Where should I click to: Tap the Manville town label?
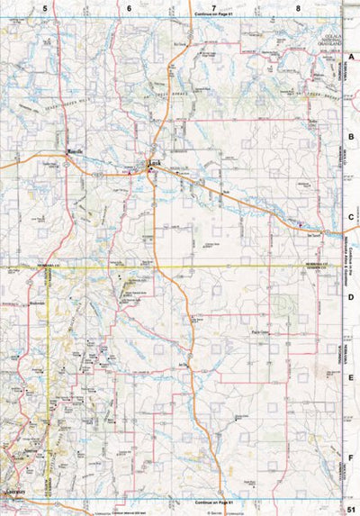coord(76,150)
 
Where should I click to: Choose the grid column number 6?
coord(129,7)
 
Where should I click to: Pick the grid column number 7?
coord(213,7)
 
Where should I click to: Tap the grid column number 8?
coord(298,7)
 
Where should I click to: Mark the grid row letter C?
coord(352,217)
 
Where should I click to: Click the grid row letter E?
coord(352,378)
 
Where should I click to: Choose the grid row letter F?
coord(352,457)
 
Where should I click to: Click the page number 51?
coord(349,508)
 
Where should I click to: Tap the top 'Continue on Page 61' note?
coord(212,15)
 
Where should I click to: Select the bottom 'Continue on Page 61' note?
coord(212,502)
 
